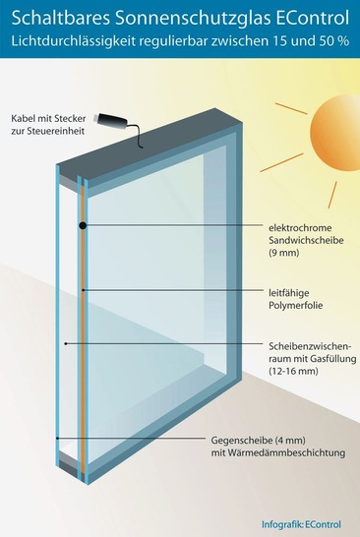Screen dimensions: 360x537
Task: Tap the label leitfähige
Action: (291, 291)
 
